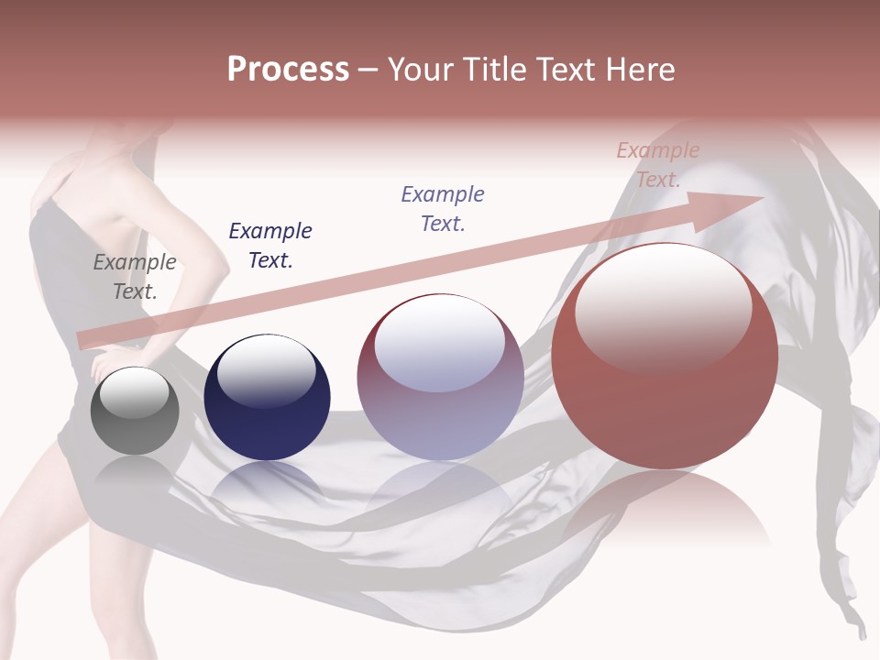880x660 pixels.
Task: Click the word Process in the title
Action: click(x=288, y=70)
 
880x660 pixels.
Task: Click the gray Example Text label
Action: click(x=134, y=277)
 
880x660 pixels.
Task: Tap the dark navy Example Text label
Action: click(x=270, y=246)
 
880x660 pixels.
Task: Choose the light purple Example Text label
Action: click(x=443, y=209)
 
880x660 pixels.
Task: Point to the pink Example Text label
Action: click(x=658, y=165)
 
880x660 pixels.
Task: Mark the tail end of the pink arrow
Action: click(x=81, y=341)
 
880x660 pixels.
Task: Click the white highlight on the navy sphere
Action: click(x=266, y=371)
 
